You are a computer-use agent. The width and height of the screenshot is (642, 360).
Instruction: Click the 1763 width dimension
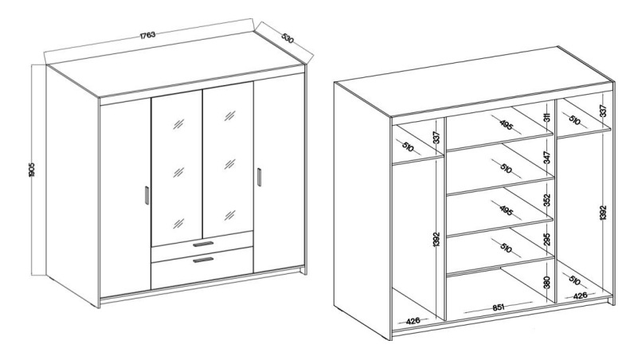point(148,35)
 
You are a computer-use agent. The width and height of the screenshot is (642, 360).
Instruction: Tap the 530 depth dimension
point(288,38)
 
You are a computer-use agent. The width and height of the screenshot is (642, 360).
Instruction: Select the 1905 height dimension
point(32,170)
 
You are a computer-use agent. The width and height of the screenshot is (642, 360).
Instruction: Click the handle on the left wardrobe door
point(147,195)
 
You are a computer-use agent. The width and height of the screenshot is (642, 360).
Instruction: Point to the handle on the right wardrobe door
point(259,177)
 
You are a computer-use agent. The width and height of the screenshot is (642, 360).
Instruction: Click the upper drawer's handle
point(203,244)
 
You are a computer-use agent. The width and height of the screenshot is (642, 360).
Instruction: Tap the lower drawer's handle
point(203,260)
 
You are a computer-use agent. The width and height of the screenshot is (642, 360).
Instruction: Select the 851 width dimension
point(499,307)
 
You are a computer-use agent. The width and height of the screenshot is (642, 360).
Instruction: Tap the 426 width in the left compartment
point(413,321)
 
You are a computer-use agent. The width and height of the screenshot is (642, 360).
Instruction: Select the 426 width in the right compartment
point(580,295)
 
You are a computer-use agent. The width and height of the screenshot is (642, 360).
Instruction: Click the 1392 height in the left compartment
point(436,240)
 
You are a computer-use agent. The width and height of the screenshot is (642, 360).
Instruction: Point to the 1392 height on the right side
point(603,213)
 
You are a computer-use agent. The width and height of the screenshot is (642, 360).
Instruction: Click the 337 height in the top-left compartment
point(436,138)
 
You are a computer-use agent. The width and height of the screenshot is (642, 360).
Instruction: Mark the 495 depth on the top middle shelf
point(507,124)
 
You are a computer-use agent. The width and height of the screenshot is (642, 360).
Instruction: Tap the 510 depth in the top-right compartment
point(574,120)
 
